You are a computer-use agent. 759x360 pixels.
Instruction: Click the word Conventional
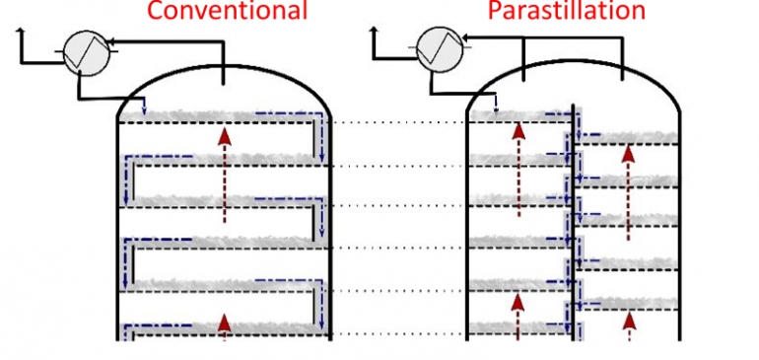point(228,11)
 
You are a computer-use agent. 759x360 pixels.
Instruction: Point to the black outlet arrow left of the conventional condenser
point(22,38)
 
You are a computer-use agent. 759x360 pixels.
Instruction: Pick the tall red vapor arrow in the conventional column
point(224,174)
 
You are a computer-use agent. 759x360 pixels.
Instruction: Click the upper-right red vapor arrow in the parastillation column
point(628,191)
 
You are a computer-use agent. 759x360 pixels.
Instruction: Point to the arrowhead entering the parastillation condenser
point(465,40)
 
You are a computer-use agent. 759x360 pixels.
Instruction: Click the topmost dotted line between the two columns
point(398,123)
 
